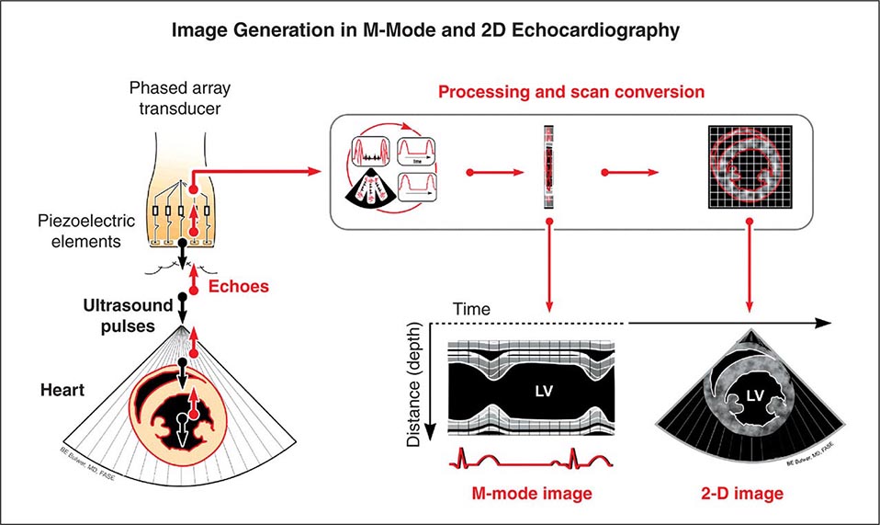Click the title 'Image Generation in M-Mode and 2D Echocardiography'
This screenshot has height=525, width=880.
click(x=439, y=30)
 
